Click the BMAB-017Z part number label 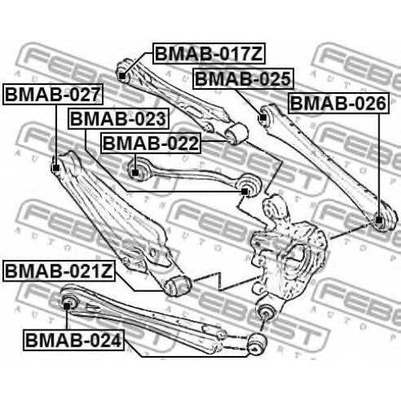click(x=209, y=54)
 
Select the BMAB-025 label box click(x=243, y=79)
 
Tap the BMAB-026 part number click(x=338, y=103)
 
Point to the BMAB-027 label click(x=53, y=94)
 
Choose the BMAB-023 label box click(x=119, y=119)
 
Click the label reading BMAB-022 click(x=151, y=143)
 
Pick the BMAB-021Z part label click(x=59, y=271)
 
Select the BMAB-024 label click(x=74, y=340)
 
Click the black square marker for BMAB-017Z click(x=122, y=76)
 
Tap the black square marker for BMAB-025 click(x=263, y=117)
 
